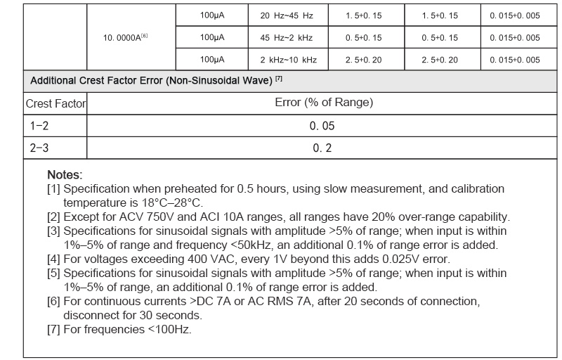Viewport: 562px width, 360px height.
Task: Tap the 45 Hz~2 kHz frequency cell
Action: pos(287,37)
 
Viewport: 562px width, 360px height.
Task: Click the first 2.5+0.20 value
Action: pos(363,60)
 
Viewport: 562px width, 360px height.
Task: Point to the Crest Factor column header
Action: pos(55,103)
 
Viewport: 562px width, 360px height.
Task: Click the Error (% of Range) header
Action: pos(323,103)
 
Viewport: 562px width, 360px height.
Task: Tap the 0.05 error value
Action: pos(322,126)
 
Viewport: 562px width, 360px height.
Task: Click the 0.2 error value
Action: pos(322,148)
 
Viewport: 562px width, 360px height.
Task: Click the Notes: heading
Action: pos(65,174)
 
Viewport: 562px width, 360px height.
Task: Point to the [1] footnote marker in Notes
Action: pos(52,188)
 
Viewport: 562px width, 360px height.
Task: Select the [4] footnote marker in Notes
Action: pos(52,259)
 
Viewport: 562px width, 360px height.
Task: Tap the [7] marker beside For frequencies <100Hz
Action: pos(52,329)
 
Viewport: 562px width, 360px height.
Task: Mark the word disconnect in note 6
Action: pos(92,315)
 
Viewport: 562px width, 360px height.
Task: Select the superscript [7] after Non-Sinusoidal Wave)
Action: pos(279,79)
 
